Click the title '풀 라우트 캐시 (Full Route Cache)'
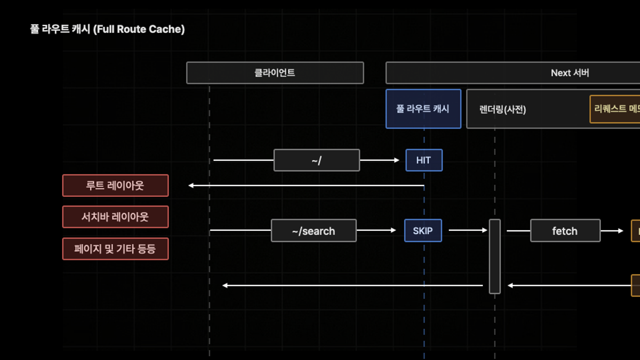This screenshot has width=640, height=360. click(x=108, y=29)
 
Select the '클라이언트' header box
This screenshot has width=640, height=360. click(x=275, y=73)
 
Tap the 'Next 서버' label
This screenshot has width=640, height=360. click(x=570, y=73)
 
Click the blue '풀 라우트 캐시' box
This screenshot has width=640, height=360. click(x=423, y=109)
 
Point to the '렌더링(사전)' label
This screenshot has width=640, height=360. click(x=502, y=109)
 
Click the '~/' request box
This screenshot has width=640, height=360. click(x=316, y=160)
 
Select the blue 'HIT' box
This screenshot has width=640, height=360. click(x=424, y=160)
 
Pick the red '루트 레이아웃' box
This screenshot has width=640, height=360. click(x=115, y=186)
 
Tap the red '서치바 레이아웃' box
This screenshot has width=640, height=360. click(x=115, y=217)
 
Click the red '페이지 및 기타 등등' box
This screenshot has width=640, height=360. click(x=115, y=249)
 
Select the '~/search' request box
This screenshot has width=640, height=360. click(x=313, y=231)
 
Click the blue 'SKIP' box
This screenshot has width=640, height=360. click(x=423, y=231)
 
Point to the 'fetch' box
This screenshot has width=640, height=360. click(x=565, y=231)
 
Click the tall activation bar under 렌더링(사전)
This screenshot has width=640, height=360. click(x=494, y=256)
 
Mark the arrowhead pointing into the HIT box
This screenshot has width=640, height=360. click(x=397, y=160)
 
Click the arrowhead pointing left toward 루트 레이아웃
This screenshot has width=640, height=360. click(x=191, y=186)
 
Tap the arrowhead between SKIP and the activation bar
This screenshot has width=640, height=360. click(x=484, y=230)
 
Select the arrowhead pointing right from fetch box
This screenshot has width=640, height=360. click(x=620, y=231)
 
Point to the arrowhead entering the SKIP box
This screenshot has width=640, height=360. click(x=393, y=230)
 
